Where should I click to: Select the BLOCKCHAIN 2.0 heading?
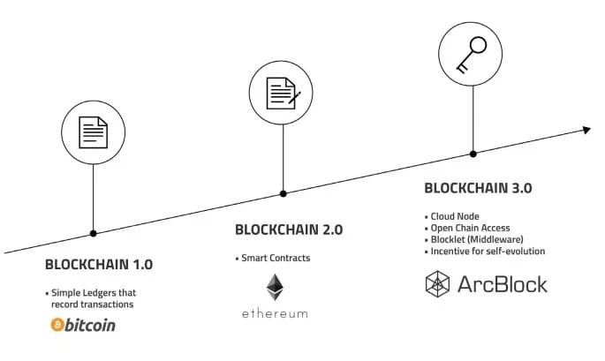tap(288, 229)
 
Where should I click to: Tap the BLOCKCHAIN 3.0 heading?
tap(478, 188)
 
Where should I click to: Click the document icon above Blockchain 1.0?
tap(94, 133)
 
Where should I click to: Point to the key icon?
tap(473, 55)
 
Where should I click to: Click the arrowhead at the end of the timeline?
tap(585, 131)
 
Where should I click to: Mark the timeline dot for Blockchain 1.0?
tap(94, 233)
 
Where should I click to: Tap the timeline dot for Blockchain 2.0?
tap(283, 193)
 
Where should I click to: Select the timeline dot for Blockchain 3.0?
tap(473, 154)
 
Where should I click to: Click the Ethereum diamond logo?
tap(275, 287)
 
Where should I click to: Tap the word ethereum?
tap(275, 313)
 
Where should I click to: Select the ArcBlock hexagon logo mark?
tap(439, 284)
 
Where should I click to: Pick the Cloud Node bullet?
tap(453, 216)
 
